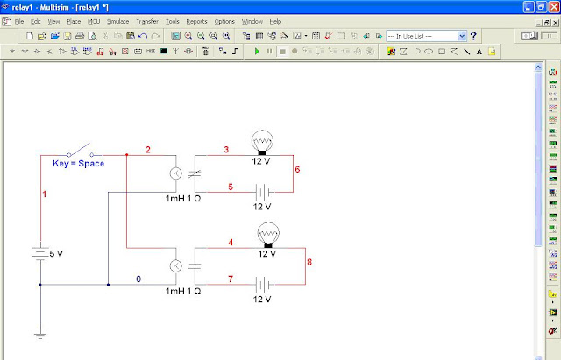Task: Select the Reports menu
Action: point(197,20)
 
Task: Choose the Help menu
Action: point(275,20)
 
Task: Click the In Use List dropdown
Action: point(426,36)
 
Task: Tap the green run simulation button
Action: point(257,52)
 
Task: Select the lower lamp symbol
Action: point(268,234)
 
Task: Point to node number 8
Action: point(309,260)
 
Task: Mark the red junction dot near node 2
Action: point(127,155)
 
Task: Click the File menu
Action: point(18,20)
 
